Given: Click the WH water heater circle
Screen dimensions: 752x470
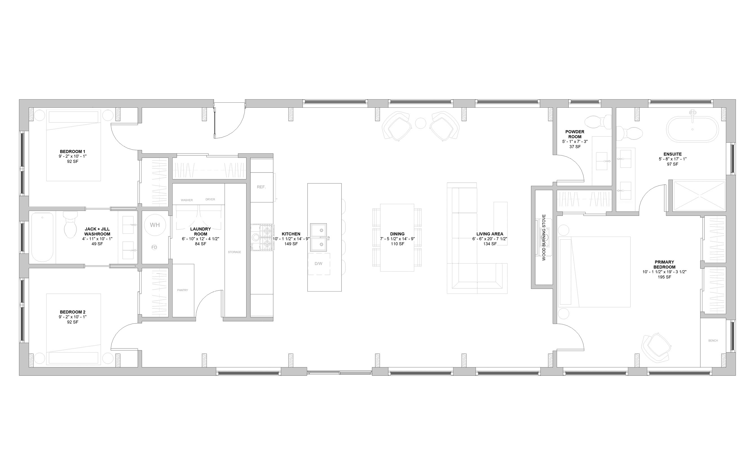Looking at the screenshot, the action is (155, 225).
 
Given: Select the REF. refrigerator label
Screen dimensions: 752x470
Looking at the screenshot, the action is (261, 187).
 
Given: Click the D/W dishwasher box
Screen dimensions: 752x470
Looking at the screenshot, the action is (319, 264).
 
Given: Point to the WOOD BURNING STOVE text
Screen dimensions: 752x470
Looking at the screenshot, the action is (544, 237).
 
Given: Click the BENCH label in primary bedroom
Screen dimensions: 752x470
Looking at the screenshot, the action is (713, 341).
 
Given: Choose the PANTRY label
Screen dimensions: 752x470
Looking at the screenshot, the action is (182, 290).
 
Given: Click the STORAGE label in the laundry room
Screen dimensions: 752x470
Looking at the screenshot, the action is (234, 252).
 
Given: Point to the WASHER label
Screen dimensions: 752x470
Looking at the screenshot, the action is (187, 200).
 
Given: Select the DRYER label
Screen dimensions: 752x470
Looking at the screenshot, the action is (210, 200).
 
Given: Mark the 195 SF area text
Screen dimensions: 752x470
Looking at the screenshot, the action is (664, 277).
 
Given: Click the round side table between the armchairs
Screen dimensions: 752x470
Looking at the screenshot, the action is (421, 123).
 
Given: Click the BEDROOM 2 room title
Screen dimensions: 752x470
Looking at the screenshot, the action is (73, 312).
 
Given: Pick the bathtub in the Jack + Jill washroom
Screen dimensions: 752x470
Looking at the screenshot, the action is (43, 237).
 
